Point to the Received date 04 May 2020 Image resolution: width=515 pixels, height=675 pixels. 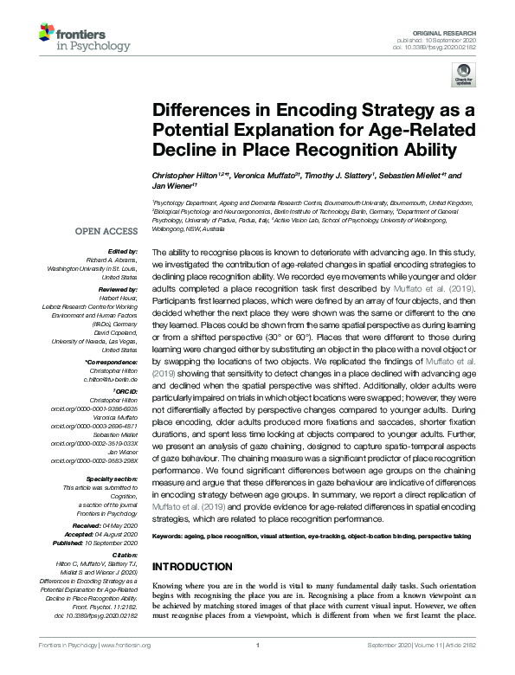[x=121, y=525]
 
